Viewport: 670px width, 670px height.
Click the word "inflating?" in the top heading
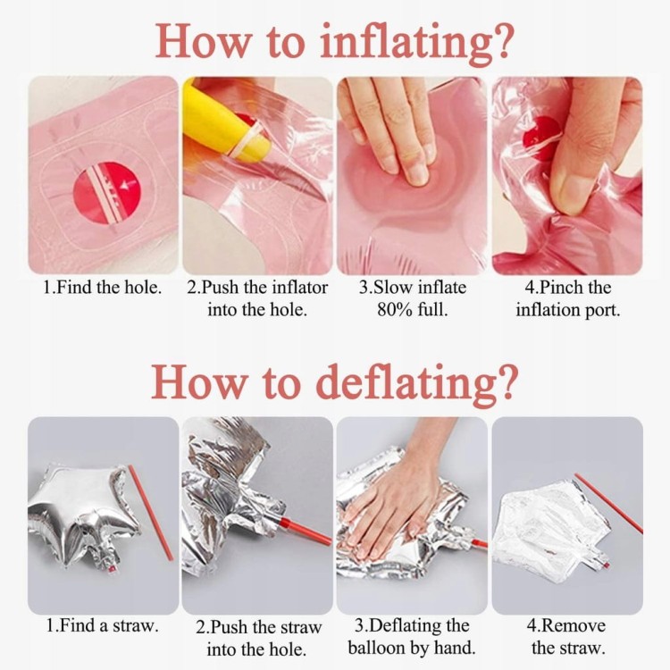click(416, 42)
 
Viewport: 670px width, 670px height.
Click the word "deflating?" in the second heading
click(417, 382)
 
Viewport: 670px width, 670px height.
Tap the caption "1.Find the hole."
click(103, 288)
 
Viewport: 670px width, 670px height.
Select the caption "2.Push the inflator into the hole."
click(257, 298)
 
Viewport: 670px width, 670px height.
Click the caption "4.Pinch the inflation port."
click(568, 298)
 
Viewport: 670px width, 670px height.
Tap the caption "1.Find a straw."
click(103, 626)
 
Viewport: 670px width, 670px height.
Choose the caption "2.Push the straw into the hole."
click(257, 639)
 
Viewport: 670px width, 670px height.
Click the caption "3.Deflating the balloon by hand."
click(412, 637)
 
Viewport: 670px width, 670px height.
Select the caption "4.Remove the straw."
click(566, 637)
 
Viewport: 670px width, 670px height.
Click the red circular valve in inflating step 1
click(107, 192)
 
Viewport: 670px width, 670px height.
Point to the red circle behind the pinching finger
click(541, 137)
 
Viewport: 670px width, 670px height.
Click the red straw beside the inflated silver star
click(150, 513)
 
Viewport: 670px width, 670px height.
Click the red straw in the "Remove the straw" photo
click(608, 503)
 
